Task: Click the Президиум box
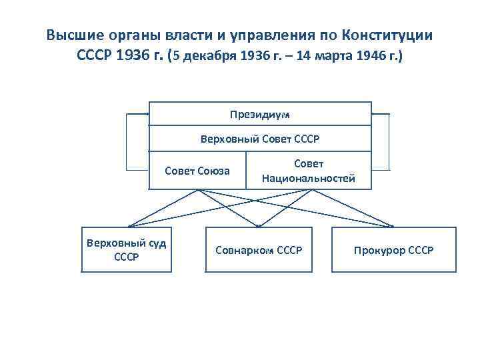pyautogui.click(x=260, y=114)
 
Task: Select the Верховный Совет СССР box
pyautogui.click(x=260, y=139)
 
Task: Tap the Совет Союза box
pyautogui.click(x=197, y=171)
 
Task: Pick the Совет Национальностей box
pyautogui.click(x=309, y=171)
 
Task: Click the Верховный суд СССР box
pyautogui.click(x=127, y=249)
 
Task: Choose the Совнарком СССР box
pyautogui.click(x=259, y=250)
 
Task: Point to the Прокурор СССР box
pyautogui.click(x=394, y=250)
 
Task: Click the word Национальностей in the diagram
pyautogui.click(x=309, y=178)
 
